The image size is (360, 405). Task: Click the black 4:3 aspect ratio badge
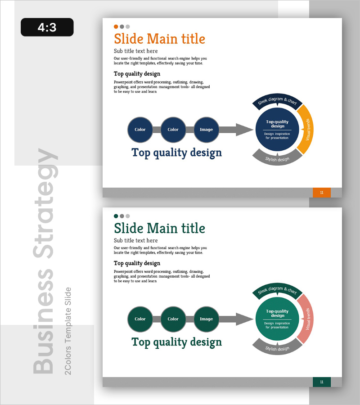point(47,27)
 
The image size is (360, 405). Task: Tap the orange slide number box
point(321,193)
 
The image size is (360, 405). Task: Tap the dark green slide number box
point(321,382)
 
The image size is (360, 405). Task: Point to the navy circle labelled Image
point(206,130)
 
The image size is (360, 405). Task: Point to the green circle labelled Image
point(206,319)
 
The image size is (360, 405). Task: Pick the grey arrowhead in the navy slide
point(244,130)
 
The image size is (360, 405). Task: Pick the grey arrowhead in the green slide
point(244,319)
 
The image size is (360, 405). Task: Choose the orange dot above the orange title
point(116,27)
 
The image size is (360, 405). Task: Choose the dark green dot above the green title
point(116,216)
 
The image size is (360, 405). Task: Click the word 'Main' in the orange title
point(162,39)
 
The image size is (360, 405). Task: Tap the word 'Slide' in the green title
point(129,228)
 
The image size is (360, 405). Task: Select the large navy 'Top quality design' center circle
point(277,130)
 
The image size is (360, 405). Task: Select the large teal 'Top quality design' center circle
point(277,319)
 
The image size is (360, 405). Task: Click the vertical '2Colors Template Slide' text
point(67,331)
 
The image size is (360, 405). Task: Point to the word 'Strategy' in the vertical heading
point(45,203)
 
